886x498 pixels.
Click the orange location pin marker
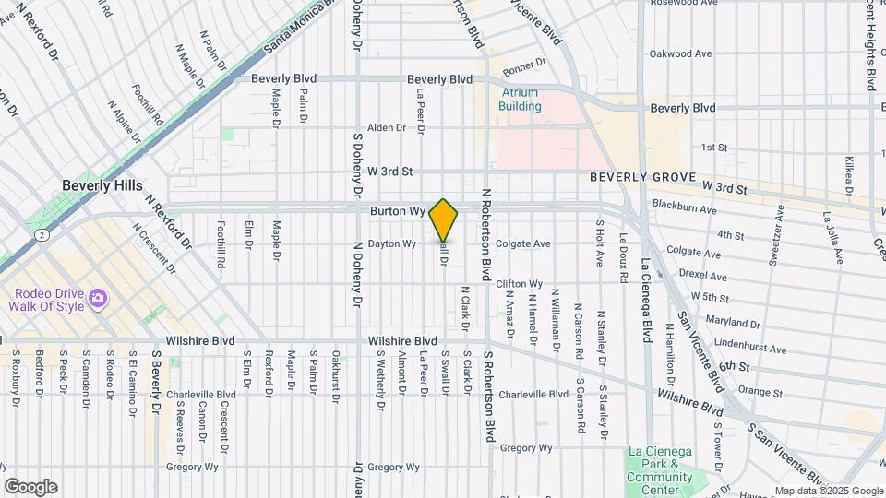[x=443, y=219]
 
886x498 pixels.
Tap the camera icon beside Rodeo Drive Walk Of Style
[x=99, y=299]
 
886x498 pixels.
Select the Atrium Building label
[x=521, y=100]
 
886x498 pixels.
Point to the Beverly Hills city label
[x=102, y=185]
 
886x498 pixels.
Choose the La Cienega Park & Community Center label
[x=659, y=469]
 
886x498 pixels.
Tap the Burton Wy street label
[x=397, y=211]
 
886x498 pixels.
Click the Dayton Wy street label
[x=392, y=243]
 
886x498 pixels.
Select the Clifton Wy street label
[x=519, y=284]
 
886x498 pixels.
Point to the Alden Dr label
[x=381, y=127]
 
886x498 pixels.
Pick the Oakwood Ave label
[x=681, y=53]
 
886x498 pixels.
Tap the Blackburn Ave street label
[x=684, y=208]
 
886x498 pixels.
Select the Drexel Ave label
[x=701, y=277]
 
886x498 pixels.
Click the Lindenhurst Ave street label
[x=752, y=350]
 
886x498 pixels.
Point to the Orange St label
[x=761, y=391]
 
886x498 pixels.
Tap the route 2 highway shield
[x=42, y=235]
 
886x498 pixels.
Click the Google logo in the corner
[x=30, y=486]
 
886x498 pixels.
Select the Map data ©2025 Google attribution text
[x=827, y=491]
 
